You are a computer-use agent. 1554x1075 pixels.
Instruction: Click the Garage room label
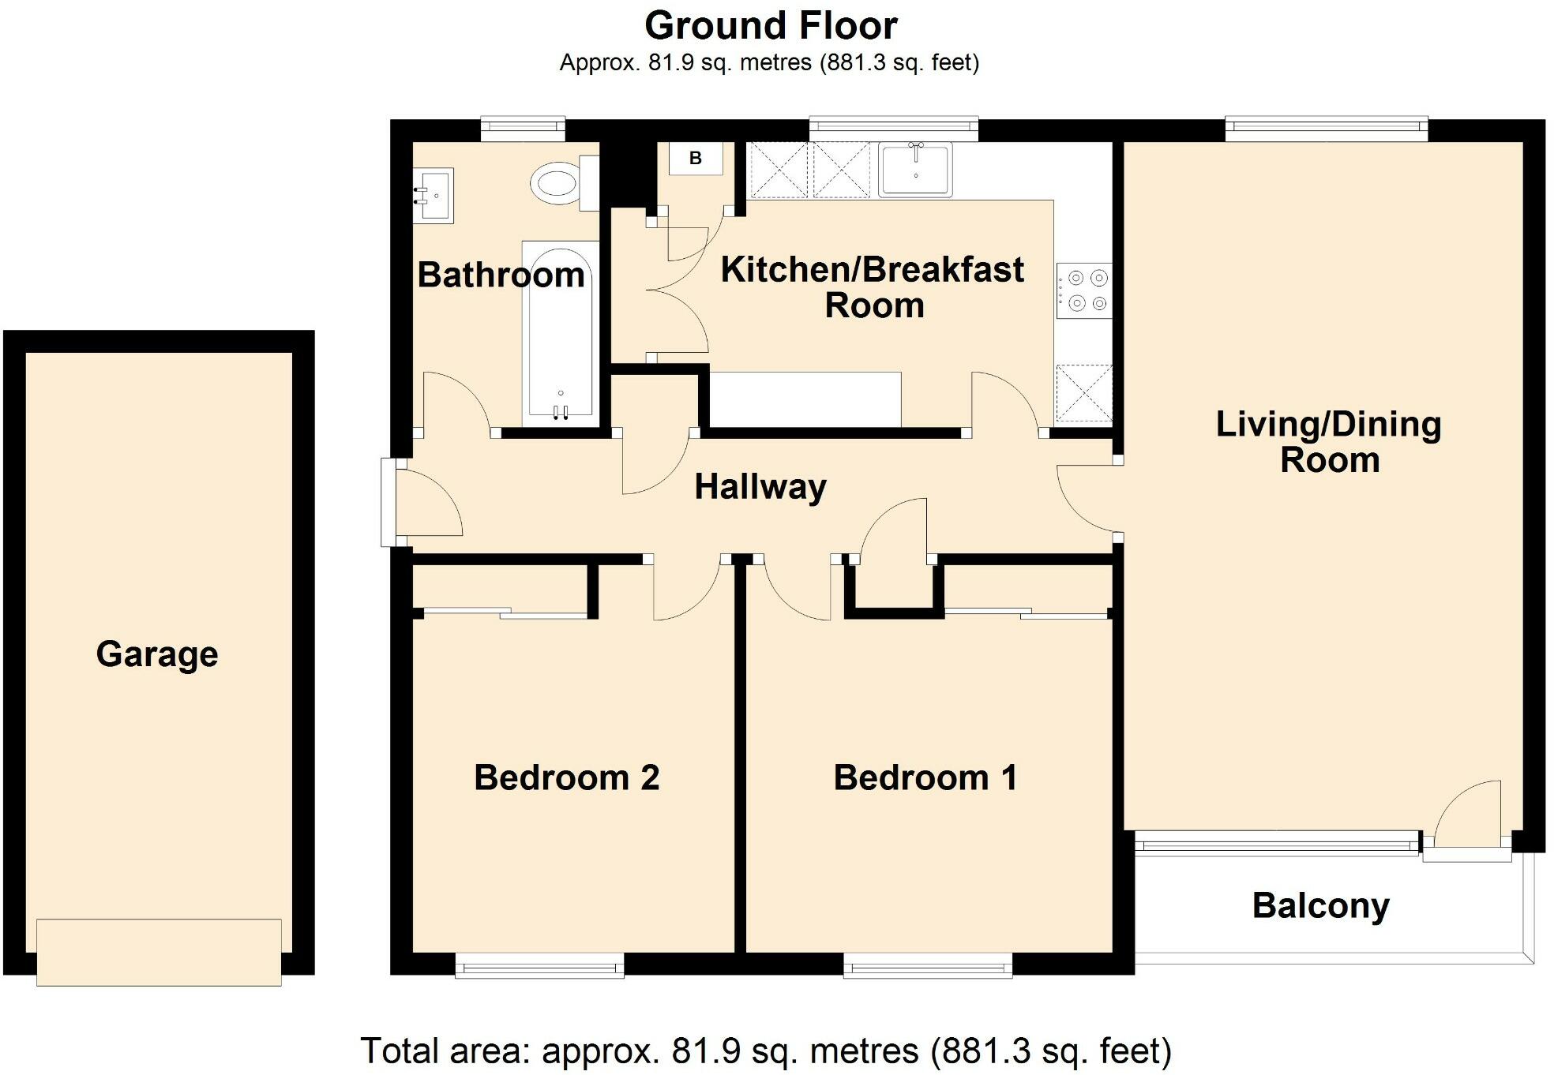click(x=157, y=654)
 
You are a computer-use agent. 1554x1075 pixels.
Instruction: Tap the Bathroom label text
click(x=501, y=275)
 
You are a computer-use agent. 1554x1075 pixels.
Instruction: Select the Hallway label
click(x=760, y=487)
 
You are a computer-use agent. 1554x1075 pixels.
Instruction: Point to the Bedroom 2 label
click(x=566, y=777)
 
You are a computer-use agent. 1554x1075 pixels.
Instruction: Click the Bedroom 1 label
click(x=925, y=777)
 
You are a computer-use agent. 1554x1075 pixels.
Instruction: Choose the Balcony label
click(x=1320, y=906)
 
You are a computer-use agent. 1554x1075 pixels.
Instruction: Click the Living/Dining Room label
click(x=1329, y=442)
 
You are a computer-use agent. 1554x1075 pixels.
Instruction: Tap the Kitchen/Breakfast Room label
click(x=873, y=287)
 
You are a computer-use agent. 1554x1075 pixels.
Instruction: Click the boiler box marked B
click(x=696, y=158)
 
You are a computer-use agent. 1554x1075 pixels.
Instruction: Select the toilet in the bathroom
click(x=565, y=183)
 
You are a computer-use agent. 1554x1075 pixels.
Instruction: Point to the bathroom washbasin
click(x=433, y=195)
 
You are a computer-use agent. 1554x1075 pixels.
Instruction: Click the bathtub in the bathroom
click(x=561, y=331)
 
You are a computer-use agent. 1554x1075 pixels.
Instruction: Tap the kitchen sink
click(x=915, y=169)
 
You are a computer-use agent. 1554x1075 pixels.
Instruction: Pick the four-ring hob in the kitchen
click(x=1084, y=290)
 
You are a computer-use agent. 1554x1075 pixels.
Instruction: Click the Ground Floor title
click(x=771, y=26)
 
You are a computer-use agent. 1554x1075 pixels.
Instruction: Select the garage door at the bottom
click(x=159, y=952)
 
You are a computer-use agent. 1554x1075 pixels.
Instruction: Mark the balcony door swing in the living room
click(x=1467, y=814)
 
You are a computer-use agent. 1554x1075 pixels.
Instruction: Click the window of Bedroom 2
click(x=540, y=965)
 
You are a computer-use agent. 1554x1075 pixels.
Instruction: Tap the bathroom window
click(x=523, y=129)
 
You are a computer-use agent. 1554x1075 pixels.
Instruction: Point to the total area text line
click(x=766, y=1051)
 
